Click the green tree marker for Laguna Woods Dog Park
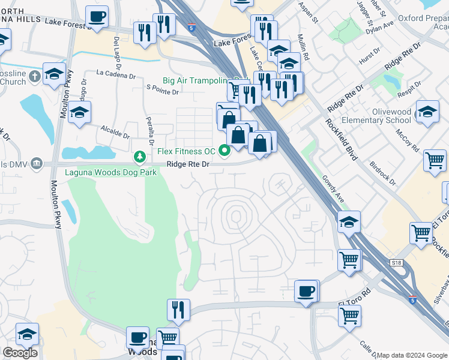tap(140, 157)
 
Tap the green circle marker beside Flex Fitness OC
tap(225, 151)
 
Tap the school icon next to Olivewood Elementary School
tap(427, 112)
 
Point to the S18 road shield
tap(395, 262)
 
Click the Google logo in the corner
tap(20, 353)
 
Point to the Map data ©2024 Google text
tap(412, 355)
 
